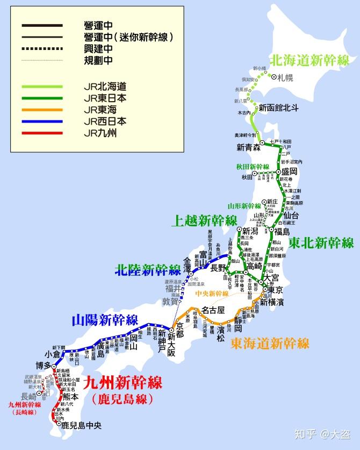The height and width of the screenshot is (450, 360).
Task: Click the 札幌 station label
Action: pyautogui.click(x=285, y=77)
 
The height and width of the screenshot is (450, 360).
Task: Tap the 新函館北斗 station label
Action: pyautogui.click(x=278, y=108)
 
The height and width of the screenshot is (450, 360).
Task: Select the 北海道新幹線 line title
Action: pyautogui.click(x=309, y=60)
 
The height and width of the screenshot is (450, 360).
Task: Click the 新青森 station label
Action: pyautogui.click(x=248, y=147)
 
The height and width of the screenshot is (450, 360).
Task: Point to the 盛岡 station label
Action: pyautogui.click(x=290, y=173)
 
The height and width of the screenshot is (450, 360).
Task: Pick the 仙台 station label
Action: pyautogui.click(x=291, y=216)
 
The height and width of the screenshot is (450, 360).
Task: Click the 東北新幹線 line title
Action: pyautogui.click(x=321, y=242)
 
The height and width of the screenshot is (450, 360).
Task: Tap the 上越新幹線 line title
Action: pyautogui.click(x=204, y=220)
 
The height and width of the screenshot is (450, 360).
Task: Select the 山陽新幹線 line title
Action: pyautogui.click(x=105, y=320)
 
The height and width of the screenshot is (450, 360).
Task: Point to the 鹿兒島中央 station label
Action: pyautogui.click(x=81, y=425)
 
